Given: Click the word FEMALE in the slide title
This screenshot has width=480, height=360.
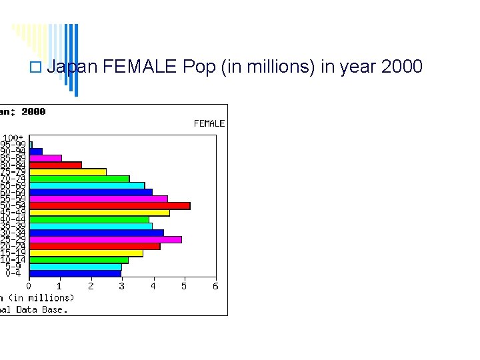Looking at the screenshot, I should coord(140,67).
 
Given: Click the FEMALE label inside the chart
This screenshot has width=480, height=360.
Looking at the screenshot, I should coord(209,123).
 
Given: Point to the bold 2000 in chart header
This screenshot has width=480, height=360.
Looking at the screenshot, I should coord(33,111).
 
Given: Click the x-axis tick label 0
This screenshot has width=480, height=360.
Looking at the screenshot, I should coord(29,286).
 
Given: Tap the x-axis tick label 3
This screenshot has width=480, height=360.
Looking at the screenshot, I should coord(121,286).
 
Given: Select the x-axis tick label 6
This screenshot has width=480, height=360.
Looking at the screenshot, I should coord(215,286).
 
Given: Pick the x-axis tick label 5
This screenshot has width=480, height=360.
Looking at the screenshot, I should coord(184,286).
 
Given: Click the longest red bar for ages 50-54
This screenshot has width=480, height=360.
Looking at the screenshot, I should coord(110,206).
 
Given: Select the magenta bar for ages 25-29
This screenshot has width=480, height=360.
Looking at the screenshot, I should coord(105,239).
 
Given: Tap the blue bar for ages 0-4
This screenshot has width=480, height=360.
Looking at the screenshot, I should coord(75,273).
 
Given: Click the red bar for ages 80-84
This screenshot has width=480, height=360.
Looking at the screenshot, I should coord(55,165).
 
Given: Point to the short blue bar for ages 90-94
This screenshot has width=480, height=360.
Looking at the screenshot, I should coord(36,151).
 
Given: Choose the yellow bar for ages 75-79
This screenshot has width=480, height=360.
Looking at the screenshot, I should coord(67,172).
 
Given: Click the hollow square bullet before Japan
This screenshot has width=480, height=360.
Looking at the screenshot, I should coord(35,67).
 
